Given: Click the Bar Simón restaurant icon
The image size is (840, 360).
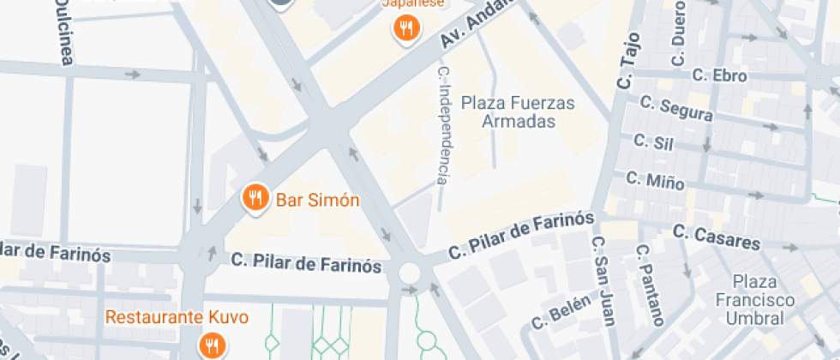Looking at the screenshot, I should point(255,199).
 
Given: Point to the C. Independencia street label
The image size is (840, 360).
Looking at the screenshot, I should point(443,125).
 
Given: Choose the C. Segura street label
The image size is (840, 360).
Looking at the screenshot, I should point(675,107).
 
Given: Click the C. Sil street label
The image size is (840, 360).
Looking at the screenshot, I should point(651,141).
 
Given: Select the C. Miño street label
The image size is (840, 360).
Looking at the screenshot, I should point(655,180).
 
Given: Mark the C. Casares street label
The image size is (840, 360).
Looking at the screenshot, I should point(716,237).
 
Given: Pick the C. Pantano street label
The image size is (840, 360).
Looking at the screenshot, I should point(650,285).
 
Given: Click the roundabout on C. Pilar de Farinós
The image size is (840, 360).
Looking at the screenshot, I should point(410,273).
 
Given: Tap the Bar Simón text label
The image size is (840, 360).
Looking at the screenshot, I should point(317,201).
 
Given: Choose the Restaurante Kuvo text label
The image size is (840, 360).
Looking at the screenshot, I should point(177,317).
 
